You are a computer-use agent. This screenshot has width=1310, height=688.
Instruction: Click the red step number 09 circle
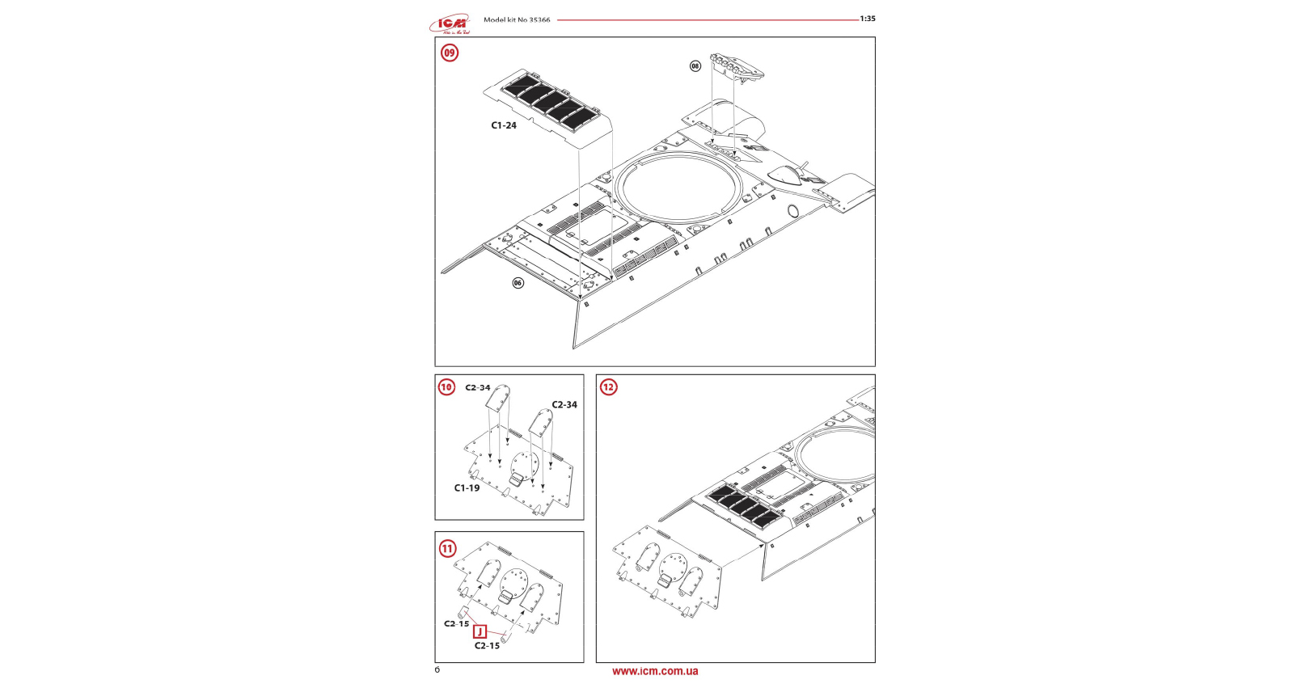449,53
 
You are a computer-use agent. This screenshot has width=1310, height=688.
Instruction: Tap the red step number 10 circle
446,387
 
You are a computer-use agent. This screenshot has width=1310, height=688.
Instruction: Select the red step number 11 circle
447,549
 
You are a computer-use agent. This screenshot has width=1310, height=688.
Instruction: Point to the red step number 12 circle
608,387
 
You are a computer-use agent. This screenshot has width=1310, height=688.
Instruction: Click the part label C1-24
504,125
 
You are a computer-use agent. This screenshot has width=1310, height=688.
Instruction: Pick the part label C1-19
467,488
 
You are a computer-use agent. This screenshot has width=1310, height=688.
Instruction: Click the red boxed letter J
480,632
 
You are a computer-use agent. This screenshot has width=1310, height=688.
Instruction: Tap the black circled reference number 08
695,66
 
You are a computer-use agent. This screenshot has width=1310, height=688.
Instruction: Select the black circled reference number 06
518,283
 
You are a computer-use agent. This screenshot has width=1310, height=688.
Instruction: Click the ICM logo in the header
450,23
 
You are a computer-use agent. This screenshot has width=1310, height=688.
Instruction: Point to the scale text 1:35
868,19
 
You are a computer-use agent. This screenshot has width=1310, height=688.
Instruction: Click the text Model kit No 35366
517,20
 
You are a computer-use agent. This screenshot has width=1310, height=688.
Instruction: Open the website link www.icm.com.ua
655,672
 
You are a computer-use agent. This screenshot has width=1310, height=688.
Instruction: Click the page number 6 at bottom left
437,670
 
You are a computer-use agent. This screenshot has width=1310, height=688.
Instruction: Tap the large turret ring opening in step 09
678,188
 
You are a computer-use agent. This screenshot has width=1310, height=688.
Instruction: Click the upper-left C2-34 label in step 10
478,387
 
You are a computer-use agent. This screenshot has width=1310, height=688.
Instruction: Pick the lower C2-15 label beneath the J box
487,646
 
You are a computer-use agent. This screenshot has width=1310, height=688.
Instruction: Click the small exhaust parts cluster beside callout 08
737,65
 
